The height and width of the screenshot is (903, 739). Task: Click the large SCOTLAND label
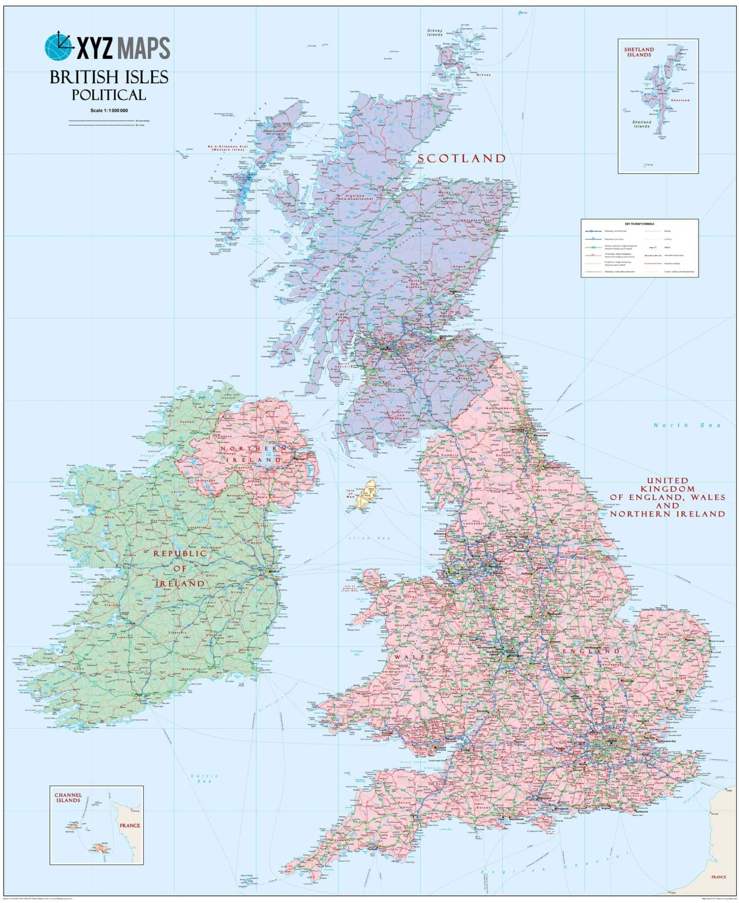click(x=461, y=158)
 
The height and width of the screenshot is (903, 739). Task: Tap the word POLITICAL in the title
click(x=109, y=94)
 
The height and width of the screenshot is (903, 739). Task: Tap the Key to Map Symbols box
click(x=639, y=248)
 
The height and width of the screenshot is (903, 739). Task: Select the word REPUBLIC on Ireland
click(x=180, y=553)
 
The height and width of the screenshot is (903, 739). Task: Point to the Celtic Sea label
click(x=205, y=778)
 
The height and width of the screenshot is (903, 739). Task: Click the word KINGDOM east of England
click(x=667, y=489)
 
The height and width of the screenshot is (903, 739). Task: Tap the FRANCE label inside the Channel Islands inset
click(x=129, y=825)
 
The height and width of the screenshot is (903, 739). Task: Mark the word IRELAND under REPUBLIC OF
click(x=180, y=583)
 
